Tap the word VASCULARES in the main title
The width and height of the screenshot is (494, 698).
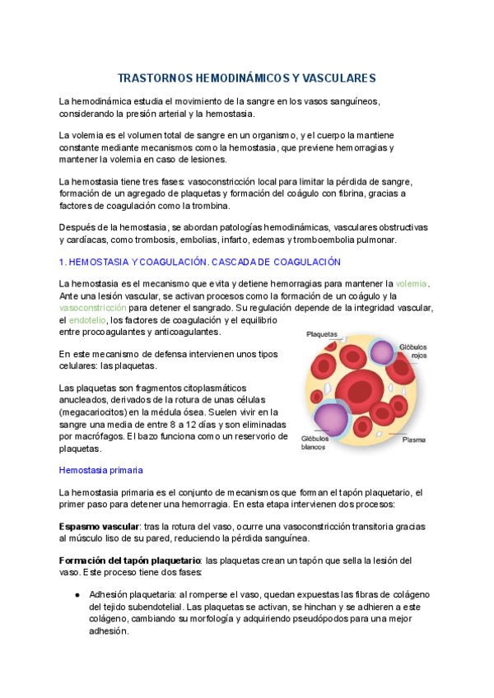[x=340, y=78]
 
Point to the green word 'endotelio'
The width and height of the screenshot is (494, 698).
[x=86, y=319]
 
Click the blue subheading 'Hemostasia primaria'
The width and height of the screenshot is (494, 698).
[x=101, y=470]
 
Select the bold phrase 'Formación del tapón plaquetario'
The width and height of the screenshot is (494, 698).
[x=130, y=561]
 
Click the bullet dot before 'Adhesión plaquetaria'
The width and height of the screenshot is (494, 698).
[x=77, y=595]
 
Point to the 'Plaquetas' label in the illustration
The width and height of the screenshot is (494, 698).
[x=322, y=334]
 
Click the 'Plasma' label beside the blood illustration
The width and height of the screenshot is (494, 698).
[x=413, y=440]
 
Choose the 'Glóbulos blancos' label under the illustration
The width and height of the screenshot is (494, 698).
[x=314, y=443]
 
